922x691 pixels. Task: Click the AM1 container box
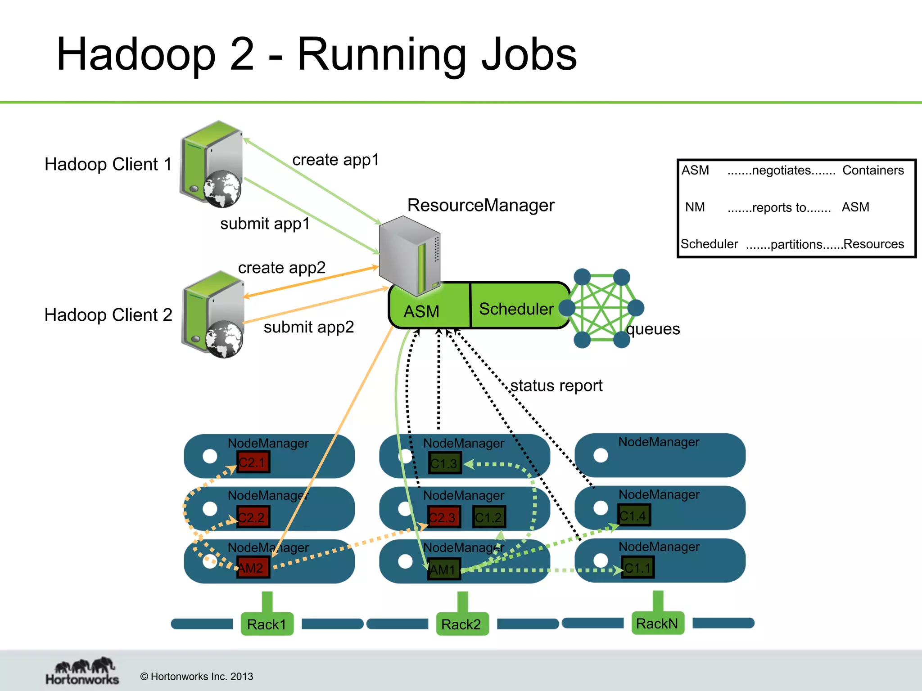pos(444,569)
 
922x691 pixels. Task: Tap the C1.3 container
pos(445,463)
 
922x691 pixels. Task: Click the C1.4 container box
pos(634,516)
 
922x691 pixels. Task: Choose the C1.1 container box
pos(637,568)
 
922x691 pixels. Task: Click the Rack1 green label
pos(267,624)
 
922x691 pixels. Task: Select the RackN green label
pos(657,623)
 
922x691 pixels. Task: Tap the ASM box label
pos(421,311)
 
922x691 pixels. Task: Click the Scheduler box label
pos(516,309)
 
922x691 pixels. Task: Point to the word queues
pos(653,329)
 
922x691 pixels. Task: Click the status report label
pos(556,386)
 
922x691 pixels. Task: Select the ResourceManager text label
pos(480,205)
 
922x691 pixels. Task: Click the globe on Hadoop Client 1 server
pos(222,188)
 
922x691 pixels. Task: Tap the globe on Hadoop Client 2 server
pos(224,339)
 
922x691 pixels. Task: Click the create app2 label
pos(282,268)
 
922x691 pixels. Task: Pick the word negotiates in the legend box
pos(781,171)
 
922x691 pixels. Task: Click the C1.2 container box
pos(489,517)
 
